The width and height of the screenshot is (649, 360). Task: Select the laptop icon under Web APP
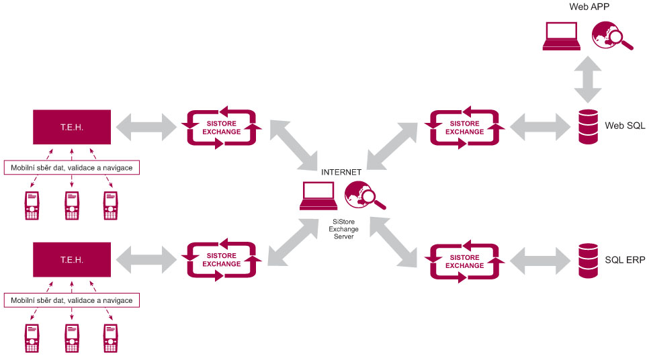click(562, 37)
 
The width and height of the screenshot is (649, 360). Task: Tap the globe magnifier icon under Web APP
click(611, 36)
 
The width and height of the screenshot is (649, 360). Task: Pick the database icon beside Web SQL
click(588, 126)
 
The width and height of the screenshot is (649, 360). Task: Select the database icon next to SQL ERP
click(588, 259)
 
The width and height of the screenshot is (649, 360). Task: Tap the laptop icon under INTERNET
click(318, 197)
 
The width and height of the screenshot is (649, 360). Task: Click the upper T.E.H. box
click(73, 126)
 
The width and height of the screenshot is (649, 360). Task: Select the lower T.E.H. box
click(73, 259)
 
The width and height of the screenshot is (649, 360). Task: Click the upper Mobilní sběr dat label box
click(71, 167)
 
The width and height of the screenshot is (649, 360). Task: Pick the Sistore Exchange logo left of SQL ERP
click(464, 259)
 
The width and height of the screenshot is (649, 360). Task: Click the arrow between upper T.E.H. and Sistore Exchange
click(146, 126)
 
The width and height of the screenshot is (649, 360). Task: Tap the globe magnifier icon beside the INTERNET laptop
click(363, 196)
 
